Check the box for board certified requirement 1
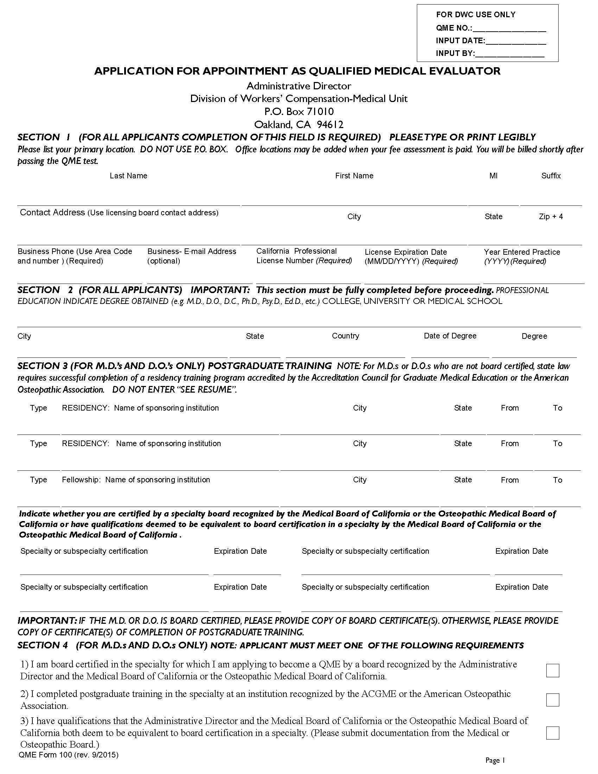point(552,671)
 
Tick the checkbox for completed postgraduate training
point(552,700)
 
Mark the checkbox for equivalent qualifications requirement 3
point(552,733)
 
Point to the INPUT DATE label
point(460,41)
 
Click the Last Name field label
point(128,176)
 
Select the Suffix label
point(551,176)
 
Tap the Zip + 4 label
point(551,216)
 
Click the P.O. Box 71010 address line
point(299,112)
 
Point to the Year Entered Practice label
point(522,252)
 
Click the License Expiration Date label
point(406,252)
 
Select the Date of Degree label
point(450,336)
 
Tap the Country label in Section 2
point(345,336)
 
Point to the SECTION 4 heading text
point(43,645)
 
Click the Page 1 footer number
point(495,760)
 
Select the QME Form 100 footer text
point(68,755)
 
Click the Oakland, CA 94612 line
point(299,125)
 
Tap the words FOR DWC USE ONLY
point(476,15)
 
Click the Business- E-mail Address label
point(192,251)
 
